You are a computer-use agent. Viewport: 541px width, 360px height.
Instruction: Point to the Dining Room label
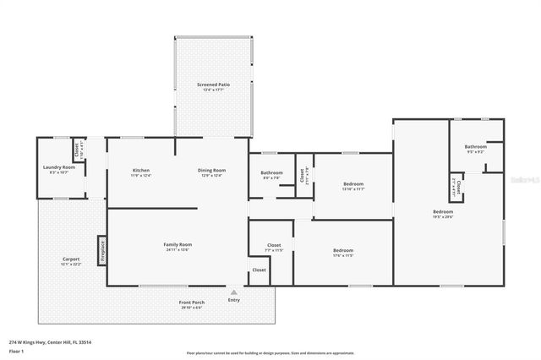click(211, 172)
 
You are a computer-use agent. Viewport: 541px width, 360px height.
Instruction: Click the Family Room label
click(178, 247)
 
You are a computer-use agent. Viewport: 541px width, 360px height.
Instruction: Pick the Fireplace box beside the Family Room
click(101, 250)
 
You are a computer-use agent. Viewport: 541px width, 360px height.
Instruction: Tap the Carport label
click(71, 261)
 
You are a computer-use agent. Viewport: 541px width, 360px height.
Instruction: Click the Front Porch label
click(191, 304)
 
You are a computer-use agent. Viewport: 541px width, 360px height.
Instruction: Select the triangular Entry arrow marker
click(234, 292)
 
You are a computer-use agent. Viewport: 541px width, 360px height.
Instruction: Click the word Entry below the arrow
click(234, 300)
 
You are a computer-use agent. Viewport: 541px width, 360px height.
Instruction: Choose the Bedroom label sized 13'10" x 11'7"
click(353, 186)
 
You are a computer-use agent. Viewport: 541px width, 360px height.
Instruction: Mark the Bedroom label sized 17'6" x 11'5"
click(342, 253)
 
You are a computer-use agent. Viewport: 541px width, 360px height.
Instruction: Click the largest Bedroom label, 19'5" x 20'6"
click(443, 214)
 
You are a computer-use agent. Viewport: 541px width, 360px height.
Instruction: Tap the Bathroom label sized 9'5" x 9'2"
click(475, 149)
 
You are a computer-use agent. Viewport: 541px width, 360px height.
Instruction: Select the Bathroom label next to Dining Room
click(272, 175)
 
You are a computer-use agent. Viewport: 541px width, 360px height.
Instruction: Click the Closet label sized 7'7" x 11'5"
click(273, 248)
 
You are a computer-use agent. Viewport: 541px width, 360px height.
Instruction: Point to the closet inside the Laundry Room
click(77, 150)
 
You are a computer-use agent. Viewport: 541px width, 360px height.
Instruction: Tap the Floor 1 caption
click(17, 350)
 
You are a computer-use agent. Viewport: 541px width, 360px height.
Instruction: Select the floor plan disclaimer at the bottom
click(270, 353)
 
